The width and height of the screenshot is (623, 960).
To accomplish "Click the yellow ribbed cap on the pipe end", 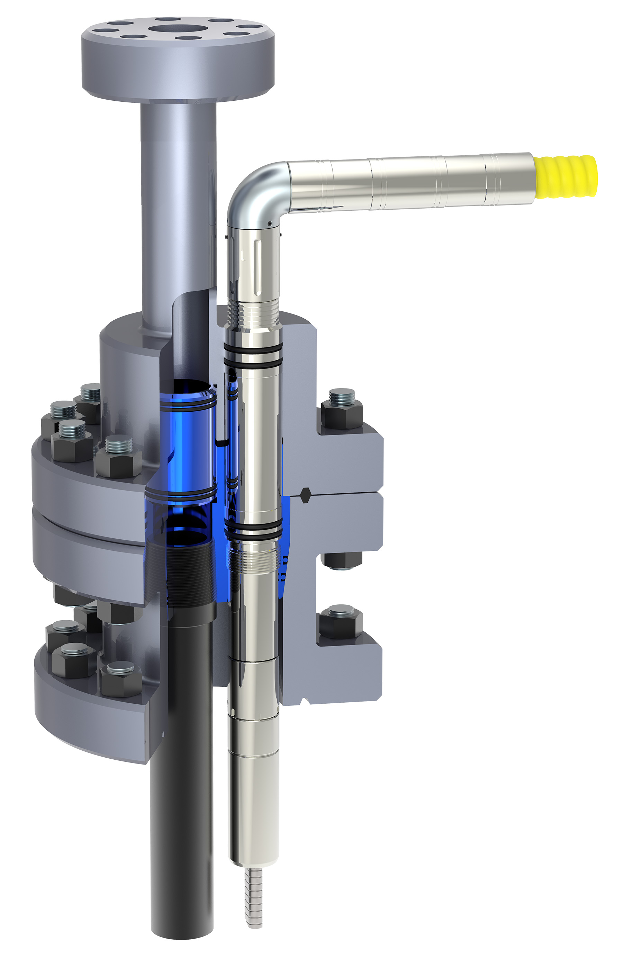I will pyautogui.click(x=565, y=176).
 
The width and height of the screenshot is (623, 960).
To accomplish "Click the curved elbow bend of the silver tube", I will pyautogui.click(x=254, y=190).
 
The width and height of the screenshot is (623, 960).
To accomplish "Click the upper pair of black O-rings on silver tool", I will pyautogui.click(x=253, y=355).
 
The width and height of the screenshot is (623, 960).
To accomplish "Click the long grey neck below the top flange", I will pyautogui.click(x=178, y=202).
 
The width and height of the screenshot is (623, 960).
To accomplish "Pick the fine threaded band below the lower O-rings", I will pyautogui.click(x=253, y=559).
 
